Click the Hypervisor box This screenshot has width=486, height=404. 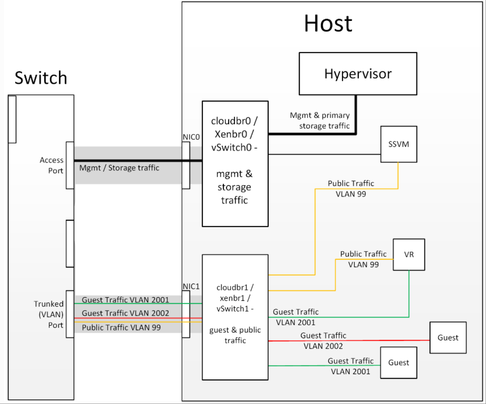(358, 74)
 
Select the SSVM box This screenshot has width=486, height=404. (399, 144)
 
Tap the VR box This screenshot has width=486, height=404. (409, 255)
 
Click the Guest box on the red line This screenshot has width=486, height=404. (448, 338)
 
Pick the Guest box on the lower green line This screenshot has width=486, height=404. (399, 363)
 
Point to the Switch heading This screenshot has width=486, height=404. (41, 78)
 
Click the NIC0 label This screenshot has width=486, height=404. (191, 137)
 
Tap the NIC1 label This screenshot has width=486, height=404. (191, 286)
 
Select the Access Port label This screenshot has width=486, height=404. (52, 165)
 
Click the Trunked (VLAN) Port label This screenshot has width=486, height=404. (49, 314)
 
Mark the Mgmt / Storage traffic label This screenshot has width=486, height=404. (119, 168)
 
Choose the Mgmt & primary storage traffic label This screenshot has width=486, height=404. (320, 120)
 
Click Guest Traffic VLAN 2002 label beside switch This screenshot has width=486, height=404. (125, 313)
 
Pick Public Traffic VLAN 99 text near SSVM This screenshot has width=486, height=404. (351, 189)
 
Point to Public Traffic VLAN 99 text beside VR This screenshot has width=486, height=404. (363, 259)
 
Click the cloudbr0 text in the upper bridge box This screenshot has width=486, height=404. (231, 121)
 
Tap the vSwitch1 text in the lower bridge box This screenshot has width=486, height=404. (233, 309)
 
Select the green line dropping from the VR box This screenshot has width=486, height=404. (409, 293)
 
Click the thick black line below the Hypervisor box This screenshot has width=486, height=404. (356, 114)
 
